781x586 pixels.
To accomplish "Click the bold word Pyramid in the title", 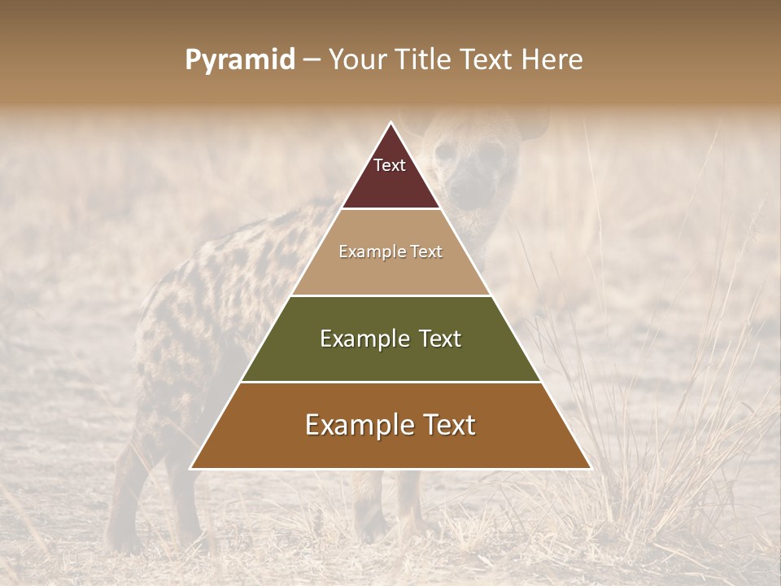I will point(240,60).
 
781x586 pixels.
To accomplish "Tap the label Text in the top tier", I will point(390,165).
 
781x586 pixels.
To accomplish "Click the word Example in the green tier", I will point(356,339).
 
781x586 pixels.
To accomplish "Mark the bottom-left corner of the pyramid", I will point(191,468).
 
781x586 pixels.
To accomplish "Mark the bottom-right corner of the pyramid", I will point(590,468).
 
